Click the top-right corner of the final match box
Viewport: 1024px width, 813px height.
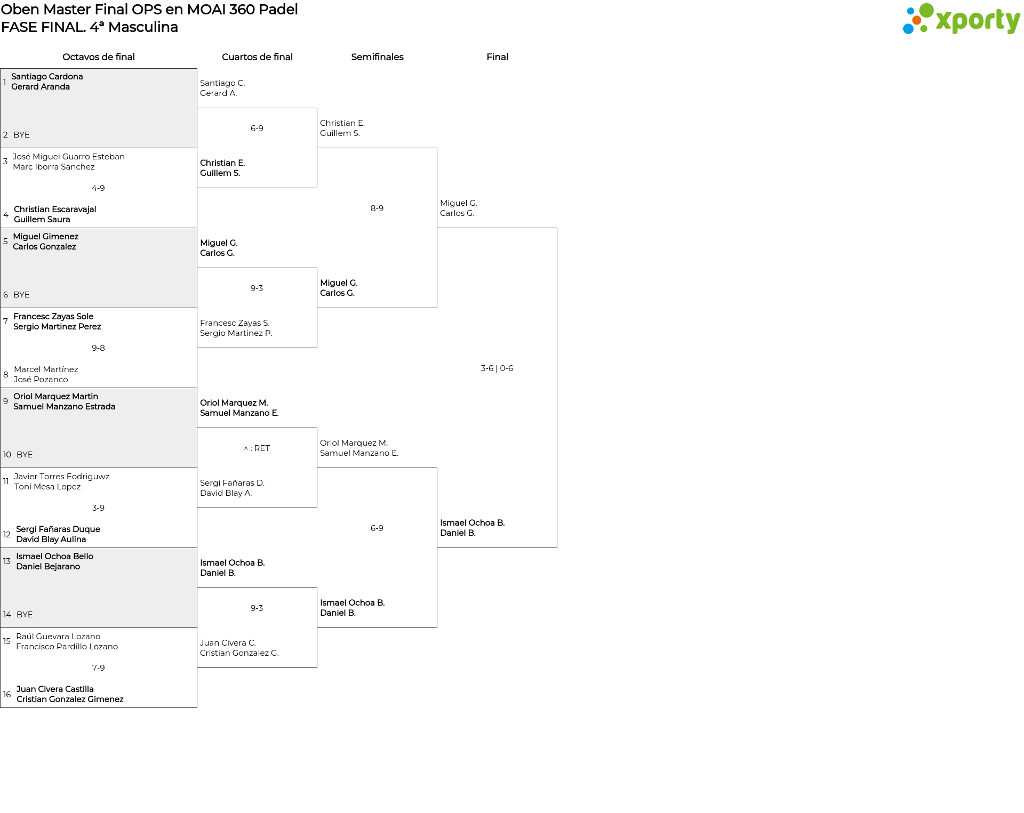pyautogui.click(x=557, y=228)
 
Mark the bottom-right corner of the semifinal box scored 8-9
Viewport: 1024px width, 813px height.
pyautogui.click(x=437, y=308)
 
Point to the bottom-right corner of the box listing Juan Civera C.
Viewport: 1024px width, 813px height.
pyautogui.click(x=317, y=667)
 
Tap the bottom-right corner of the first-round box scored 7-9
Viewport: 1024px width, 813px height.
pyautogui.click(x=197, y=707)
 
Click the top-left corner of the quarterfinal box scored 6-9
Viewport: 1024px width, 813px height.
pyautogui.click(x=197, y=108)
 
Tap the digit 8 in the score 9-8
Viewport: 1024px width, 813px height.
pyautogui.click(x=102, y=348)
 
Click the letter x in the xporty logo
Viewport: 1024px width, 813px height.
pyautogui.click(x=945, y=21)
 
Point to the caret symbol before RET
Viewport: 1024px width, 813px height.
pyautogui.click(x=246, y=448)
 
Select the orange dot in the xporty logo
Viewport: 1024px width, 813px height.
pyautogui.click(x=916, y=20)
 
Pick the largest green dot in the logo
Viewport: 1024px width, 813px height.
pyautogui.click(x=926, y=10)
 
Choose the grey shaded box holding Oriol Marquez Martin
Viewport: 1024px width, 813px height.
pyautogui.click(x=99, y=428)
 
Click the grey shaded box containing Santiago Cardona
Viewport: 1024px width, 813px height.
pyautogui.click(x=99, y=108)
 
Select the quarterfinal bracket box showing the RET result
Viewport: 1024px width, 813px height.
pyautogui.click(x=257, y=468)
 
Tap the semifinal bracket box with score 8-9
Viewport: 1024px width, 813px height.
pyautogui.click(x=377, y=228)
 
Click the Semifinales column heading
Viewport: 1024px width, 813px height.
pyautogui.click(x=377, y=57)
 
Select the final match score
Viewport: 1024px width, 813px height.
pyautogui.click(x=497, y=368)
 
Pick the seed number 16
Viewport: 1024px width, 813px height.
pyautogui.click(x=7, y=695)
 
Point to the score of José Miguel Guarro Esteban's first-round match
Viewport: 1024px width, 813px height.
pyautogui.click(x=98, y=188)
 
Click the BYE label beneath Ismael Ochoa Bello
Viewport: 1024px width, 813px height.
pyautogui.click(x=25, y=615)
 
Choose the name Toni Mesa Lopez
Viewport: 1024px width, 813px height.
pyautogui.click(x=47, y=487)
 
